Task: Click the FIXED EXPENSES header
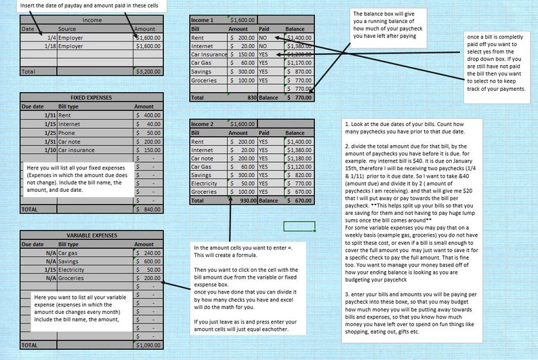(x=91, y=98)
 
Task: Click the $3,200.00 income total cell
(x=148, y=71)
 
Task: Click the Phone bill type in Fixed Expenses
(x=67, y=133)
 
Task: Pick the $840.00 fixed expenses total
(x=148, y=210)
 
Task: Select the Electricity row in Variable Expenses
(x=73, y=269)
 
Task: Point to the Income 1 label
(x=202, y=20)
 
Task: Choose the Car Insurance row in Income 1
(x=209, y=54)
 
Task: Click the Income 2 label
(x=202, y=124)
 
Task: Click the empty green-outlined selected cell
(x=299, y=226)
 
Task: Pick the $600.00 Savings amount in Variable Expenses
(x=148, y=261)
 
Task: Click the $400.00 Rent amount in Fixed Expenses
(x=148, y=115)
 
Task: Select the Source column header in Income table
(x=67, y=29)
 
